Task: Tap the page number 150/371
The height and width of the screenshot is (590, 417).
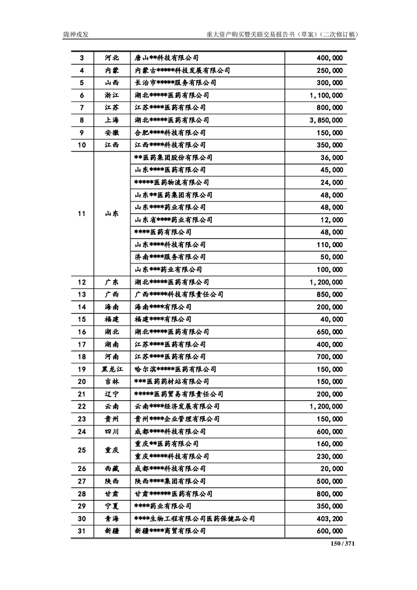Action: [344, 544]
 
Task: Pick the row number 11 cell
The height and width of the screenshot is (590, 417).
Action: [82, 213]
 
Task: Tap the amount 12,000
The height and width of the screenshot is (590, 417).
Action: [331, 220]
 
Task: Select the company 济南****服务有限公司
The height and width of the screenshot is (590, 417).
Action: [170, 257]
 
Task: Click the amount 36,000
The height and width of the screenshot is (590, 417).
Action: [331, 158]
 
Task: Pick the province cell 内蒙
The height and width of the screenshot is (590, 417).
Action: [111, 70]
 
